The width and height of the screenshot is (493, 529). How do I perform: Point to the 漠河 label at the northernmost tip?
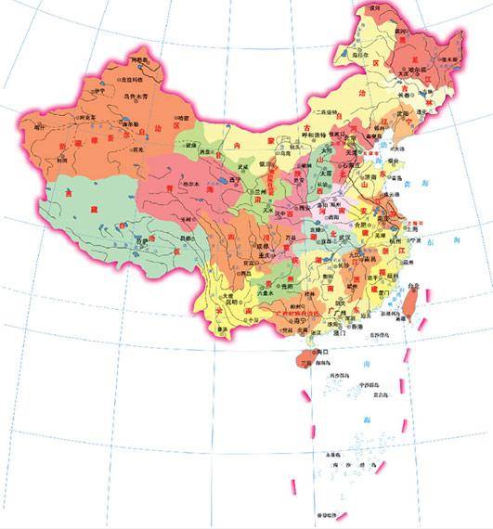[374, 7]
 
